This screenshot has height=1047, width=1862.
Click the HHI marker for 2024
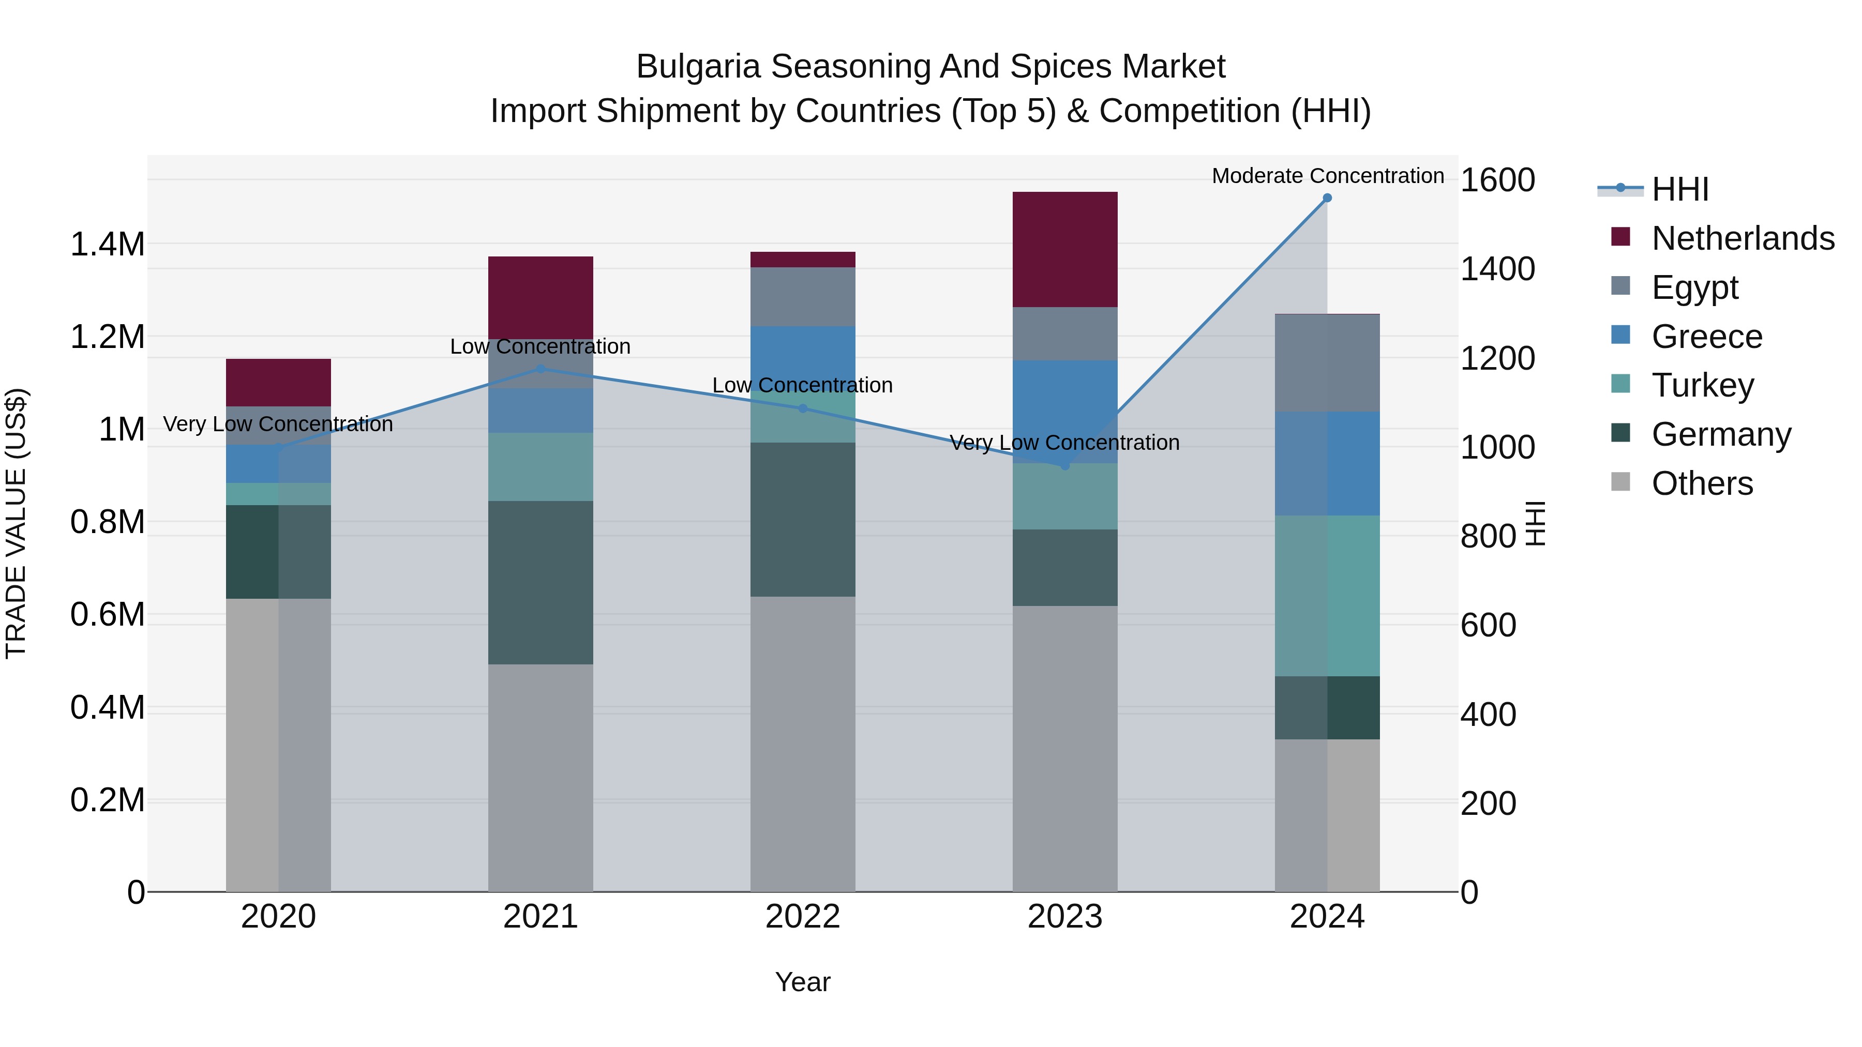click(1327, 198)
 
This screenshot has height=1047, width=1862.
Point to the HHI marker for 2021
click(540, 369)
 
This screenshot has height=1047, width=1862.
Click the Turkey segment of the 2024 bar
click(1327, 596)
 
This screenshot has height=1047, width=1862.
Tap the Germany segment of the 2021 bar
click(540, 582)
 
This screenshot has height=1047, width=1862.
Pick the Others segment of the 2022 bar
click(802, 744)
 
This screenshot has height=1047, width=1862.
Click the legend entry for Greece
click(1706, 337)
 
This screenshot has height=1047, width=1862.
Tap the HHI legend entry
click(1679, 189)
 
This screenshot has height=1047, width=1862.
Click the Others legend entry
click(1702, 483)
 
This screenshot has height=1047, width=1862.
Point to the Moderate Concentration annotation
click(1327, 176)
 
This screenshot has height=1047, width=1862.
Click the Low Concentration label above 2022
click(802, 385)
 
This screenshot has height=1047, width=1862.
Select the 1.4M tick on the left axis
click(107, 244)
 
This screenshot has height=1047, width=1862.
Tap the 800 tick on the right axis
click(1488, 536)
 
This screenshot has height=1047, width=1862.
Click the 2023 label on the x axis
click(1065, 917)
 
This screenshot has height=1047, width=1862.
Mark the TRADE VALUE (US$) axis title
click(16, 523)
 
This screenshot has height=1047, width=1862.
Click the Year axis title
click(802, 982)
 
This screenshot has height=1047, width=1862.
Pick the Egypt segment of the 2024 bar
click(1327, 363)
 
